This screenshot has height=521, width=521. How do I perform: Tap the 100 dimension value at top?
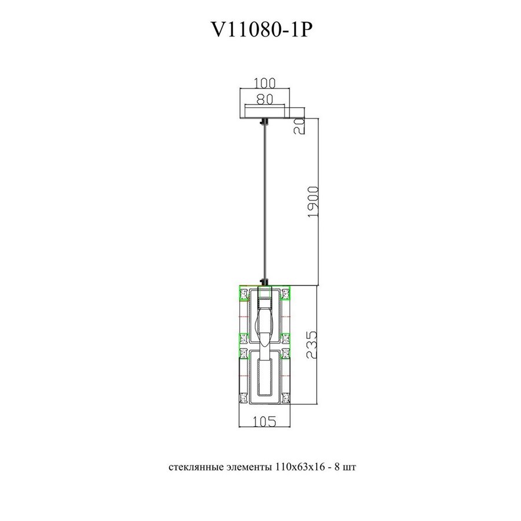(264, 84)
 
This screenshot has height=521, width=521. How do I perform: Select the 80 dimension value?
(264, 99)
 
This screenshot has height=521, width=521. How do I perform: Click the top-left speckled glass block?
(244, 294)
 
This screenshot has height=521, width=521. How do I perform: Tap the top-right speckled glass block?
(286, 294)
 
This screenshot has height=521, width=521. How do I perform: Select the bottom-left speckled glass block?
(244, 399)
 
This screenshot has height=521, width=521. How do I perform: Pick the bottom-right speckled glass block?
(286, 399)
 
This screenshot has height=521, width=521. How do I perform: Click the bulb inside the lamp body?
(265, 324)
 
